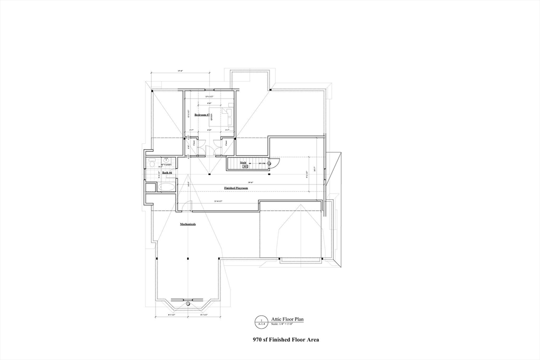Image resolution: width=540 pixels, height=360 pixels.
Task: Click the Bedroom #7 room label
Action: tap(202, 114)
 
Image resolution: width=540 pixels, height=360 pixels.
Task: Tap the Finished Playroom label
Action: tap(236, 188)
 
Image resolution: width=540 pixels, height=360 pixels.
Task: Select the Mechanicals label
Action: tap(188, 224)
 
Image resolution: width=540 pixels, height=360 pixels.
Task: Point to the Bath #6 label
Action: tap(167, 172)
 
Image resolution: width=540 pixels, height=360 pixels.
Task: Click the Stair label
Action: tap(244, 163)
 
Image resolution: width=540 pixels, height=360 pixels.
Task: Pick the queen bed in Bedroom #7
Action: tap(220, 118)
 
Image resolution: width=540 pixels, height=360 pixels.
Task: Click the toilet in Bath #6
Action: tap(151, 163)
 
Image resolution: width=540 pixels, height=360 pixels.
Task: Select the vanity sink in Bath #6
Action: tap(166, 159)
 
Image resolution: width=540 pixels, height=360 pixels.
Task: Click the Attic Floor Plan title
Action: tap(287, 319)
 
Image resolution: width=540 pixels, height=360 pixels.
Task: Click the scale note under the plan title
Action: tap(287, 324)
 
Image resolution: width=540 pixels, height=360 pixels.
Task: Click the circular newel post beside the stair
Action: tap(269, 163)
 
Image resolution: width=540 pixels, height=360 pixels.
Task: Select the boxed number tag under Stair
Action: tap(245, 167)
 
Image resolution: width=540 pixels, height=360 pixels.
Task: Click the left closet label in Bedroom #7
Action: tap(194, 142)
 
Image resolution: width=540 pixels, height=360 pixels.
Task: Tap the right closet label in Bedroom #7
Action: tap(226, 142)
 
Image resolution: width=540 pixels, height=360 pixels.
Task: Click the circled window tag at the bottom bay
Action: tap(187, 304)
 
